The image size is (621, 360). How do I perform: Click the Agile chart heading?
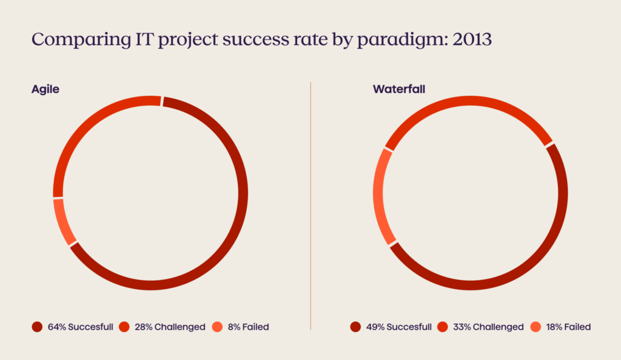click(x=45, y=89)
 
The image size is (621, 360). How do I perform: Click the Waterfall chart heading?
click(x=398, y=89)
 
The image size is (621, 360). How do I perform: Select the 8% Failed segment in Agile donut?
click(x=64, y=222)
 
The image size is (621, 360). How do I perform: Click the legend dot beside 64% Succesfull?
click(x=37, y=327)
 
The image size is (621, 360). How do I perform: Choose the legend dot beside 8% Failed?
click(x=218, y=327)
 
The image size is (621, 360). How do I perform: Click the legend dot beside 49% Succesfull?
click(x=355, y=327)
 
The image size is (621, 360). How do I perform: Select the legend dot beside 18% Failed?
click(x=535, y=327)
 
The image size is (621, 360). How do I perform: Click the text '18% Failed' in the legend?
click(x=568, y=327)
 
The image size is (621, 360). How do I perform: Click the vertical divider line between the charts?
click(x=310, y=206)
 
